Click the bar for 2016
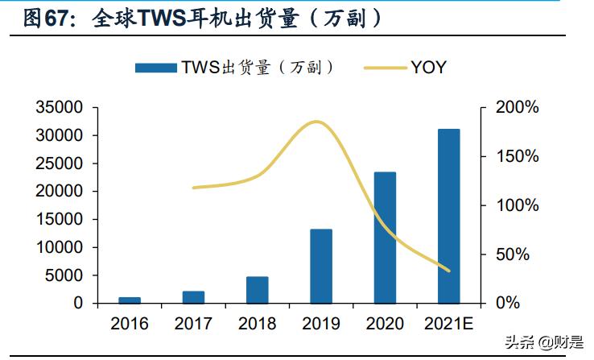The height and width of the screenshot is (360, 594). (x=129, y=300)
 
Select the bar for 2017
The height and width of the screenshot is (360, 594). (x=193, y=297)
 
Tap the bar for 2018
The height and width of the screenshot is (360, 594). (x=257, y=290)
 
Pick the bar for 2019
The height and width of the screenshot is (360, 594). (x=321, y=267)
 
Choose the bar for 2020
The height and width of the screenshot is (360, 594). (x=385, y=238)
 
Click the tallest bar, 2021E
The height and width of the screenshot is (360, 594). (x=449, y=216)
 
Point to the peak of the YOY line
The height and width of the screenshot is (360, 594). (x=317, y=122)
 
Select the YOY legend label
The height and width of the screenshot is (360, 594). (x=428, y=68)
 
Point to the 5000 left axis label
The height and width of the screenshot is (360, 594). (x=66, y=275)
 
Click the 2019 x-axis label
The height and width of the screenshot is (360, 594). (x=321, y=324)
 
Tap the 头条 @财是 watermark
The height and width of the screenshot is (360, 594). (x=544, y=341)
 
